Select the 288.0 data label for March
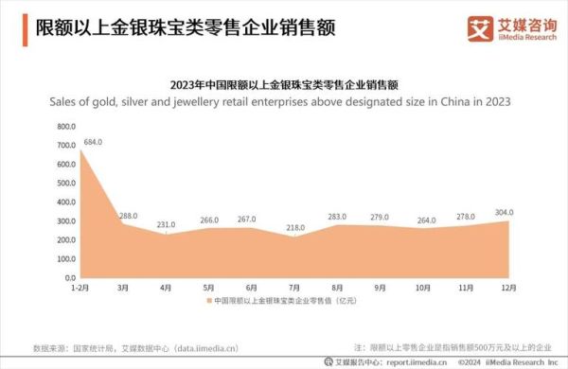tap(129, 216)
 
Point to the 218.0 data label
tap(297, 228)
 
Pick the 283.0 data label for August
tap(338, 216)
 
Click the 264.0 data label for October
tap(424, 220)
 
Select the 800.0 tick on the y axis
tap(64, 126)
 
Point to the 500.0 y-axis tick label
tap(64, 184)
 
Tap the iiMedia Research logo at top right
tap(509, 28)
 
